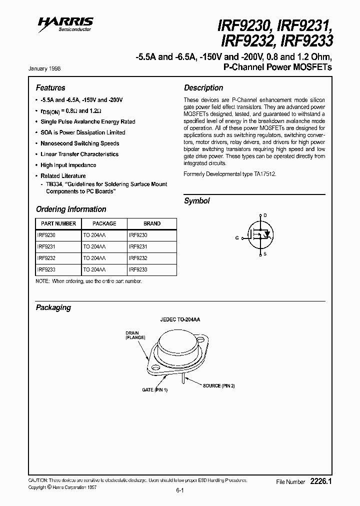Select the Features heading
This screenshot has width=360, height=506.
coord(50,87)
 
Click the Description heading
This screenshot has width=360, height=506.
coord(203,87)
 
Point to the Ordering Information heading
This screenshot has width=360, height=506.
coord(71,209)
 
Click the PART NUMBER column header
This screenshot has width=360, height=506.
coord(58,223)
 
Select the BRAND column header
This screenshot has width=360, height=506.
coord(152,223)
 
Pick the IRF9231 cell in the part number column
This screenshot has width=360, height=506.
coord(43,246)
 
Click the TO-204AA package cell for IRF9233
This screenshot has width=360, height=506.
coord(94,269)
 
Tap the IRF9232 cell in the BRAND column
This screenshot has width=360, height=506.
coord(138,258)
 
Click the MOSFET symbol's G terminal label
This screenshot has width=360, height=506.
coord(237,238)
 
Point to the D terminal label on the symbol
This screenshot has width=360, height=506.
coord(265,215)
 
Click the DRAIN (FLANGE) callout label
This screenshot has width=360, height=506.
coord(135,335)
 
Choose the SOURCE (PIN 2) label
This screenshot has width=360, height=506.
coord(218,386)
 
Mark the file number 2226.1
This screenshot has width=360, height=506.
coord(321,481)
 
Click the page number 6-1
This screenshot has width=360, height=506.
coord(180,491)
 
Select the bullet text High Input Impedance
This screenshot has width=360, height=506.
coord(68,165)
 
